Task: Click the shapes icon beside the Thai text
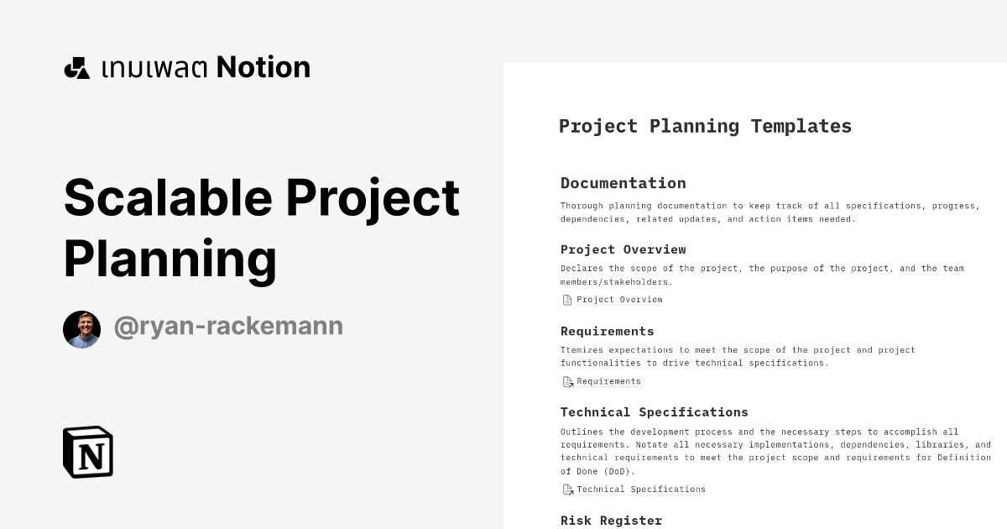[x=76, y=68]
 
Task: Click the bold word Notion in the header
[x=263, y=67]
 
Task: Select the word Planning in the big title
[x=170, y=259]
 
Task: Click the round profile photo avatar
[x=81, y=329]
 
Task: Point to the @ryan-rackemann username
[x=228, y=326]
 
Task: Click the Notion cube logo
[x=88, y=452]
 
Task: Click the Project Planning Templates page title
[x=705, y=126]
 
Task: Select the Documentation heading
[x=623, y=183]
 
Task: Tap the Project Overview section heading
[x=623, y=249]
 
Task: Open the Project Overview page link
[x=619, y=300]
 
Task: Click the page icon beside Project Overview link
[x=567, y=300]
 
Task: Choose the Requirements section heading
[x=607, y=331]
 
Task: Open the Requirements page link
[x=608, y=381]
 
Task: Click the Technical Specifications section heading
[x=654, y=412]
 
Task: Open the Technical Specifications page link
[x=641, y=490]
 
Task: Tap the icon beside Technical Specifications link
[x=567, y=490]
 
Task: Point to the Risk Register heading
[x=611, y=521]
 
